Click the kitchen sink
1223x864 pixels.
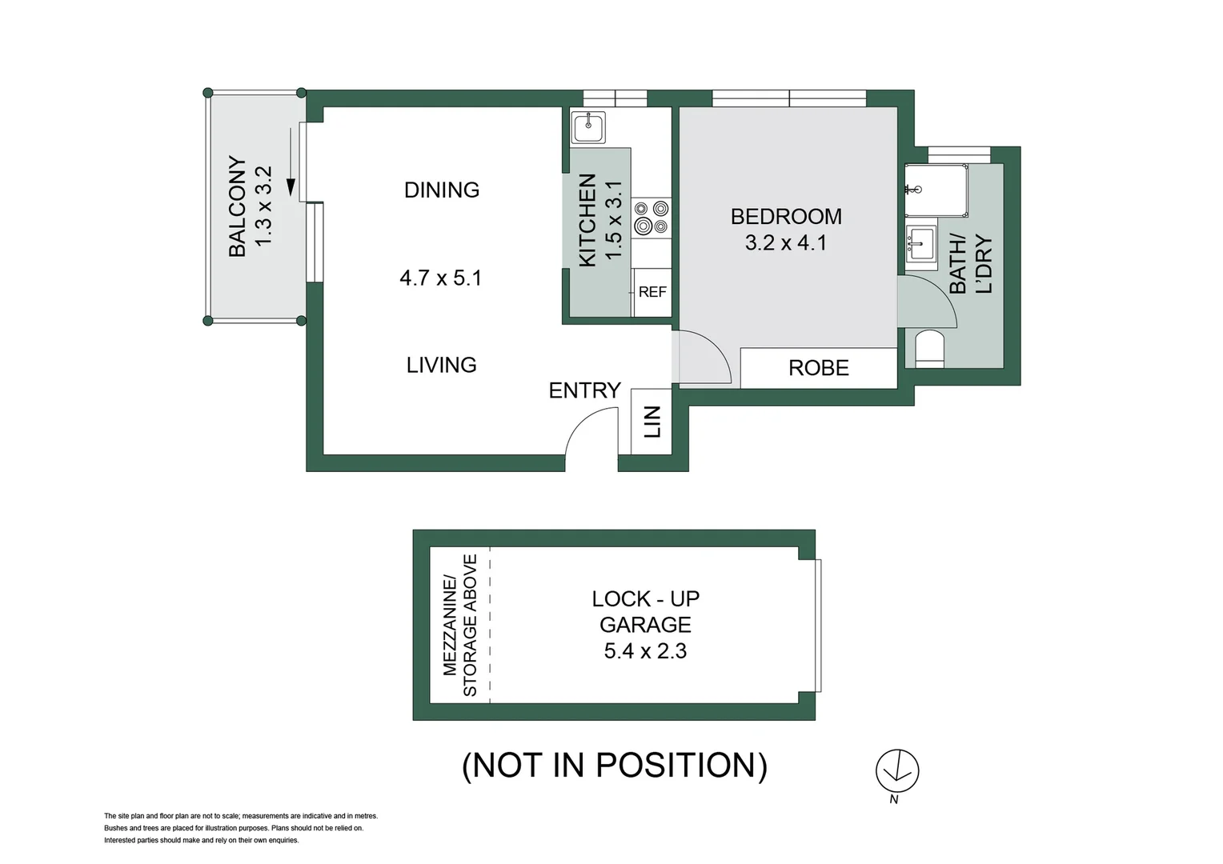[588, 127]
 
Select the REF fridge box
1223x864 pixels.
[652, 292]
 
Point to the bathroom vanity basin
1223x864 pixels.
[921, 243]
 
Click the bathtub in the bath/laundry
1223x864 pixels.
[936, 190]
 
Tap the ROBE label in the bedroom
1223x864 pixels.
[818, 368]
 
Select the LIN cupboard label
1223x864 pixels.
[652, 422]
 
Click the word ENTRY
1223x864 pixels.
[584, 390]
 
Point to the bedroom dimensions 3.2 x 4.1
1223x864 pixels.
[785, 243]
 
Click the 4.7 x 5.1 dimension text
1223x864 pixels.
[440, 278]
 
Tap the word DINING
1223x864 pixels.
[441, 190]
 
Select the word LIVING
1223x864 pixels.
[441, 366]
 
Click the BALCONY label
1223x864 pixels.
[238, 206]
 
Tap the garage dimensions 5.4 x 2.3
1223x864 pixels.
[645, 651]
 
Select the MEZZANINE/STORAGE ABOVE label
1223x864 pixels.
[459, 625]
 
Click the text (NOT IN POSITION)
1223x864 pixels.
[615, 766]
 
